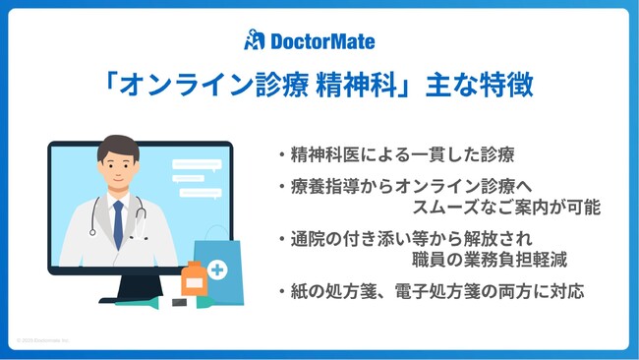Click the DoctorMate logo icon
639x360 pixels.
click(x=254, y=40)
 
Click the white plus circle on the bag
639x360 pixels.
click(x=216, y=270)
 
